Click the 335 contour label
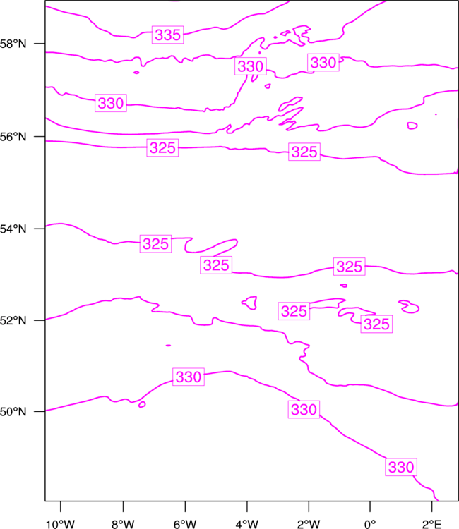tap(168, 35)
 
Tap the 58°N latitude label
tap(13, 44)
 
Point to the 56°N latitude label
tap(13, 137)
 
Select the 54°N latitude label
tap(13, 229)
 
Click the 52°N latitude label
tap(13, 320)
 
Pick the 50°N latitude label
tap(13, 412)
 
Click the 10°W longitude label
tap(61, 524)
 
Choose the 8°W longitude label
tap(123, 524)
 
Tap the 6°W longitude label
tap(185, 524)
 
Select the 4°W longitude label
tap(247, 524)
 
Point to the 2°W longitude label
tap(309, 524)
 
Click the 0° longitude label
tap(370, 524)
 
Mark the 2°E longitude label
tap(431, 524)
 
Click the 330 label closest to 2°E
tap(401, 467)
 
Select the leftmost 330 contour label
tap(111, 103)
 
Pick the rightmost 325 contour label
tap(376, 324)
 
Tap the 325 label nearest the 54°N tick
tap(155, 244)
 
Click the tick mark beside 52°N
tap(39, 320)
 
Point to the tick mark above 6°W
tap(185, 506)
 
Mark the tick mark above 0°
tap(370, 506)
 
